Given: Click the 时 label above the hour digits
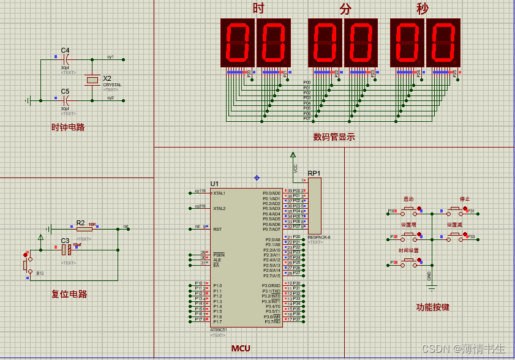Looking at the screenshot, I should coord(258,9).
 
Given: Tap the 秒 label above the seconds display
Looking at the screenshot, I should coord(423,9).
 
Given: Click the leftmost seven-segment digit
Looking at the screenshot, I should coord(238,42).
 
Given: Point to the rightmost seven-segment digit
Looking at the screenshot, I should coord(443,42).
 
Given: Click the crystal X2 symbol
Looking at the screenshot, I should coord(92,80).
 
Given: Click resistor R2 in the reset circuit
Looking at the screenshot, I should coord(81,229).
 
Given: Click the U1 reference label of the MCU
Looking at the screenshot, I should coord(214,184).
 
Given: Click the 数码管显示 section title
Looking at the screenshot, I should coord(334,137).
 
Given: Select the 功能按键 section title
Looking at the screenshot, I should coord(433,307).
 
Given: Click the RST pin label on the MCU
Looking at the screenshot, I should coord(217,229).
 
